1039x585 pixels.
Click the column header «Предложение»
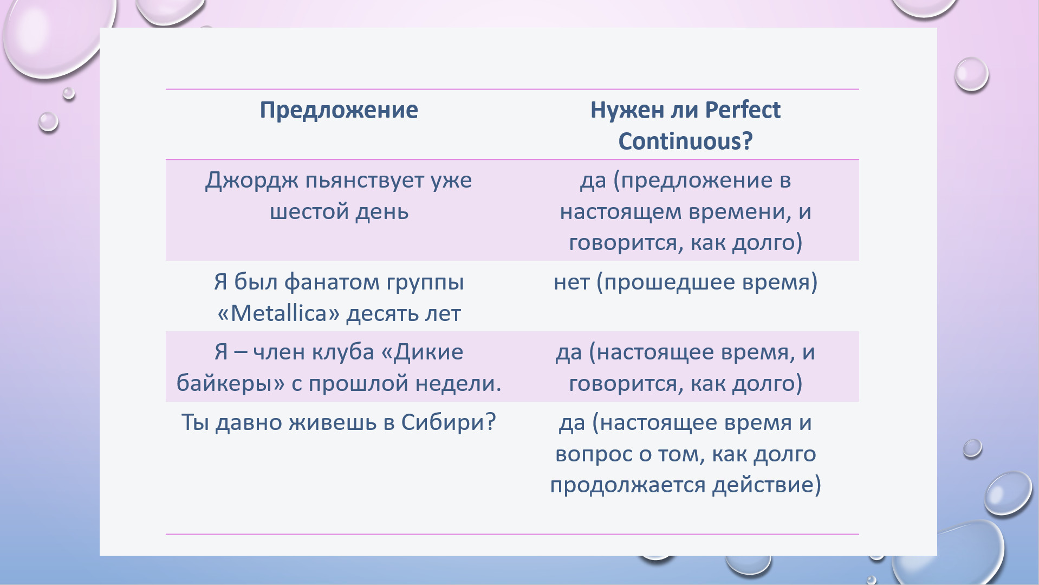point(339,111)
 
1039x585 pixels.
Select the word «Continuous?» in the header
point(685,141)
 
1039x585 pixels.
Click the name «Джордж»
point(251,181)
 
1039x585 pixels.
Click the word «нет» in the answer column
point(572,282)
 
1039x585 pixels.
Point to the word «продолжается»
point(627,485)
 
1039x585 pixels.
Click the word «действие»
point(762,484)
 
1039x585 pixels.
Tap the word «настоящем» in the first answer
point(620,211)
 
